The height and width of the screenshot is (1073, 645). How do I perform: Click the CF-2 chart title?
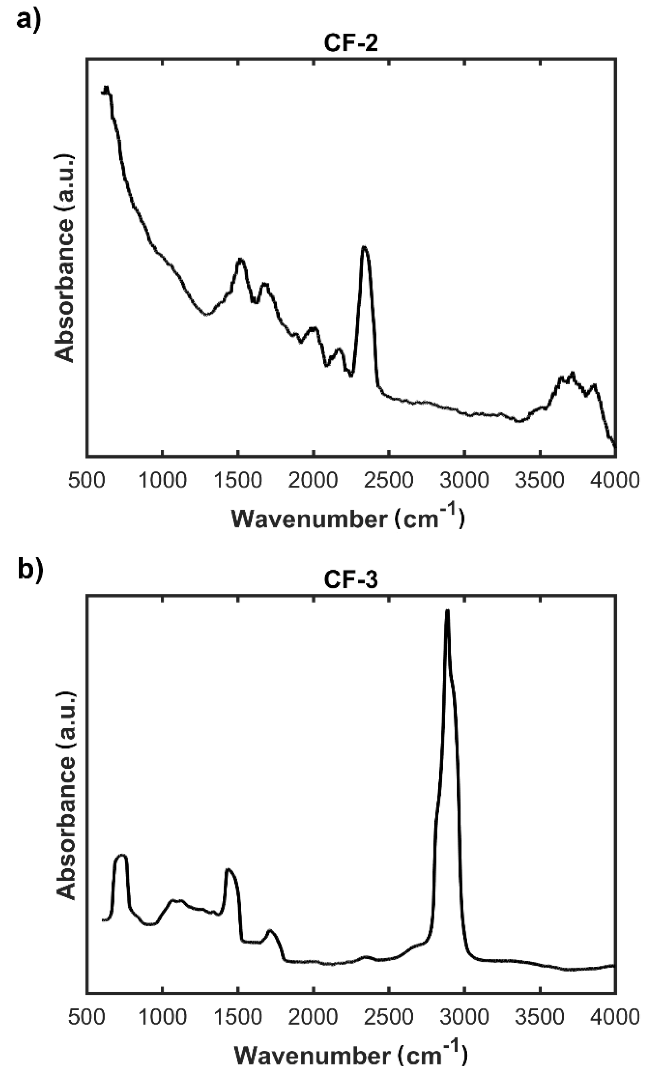click(x=351, y=44)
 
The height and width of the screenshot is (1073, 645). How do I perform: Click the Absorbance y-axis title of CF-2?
click(x=65, y=258)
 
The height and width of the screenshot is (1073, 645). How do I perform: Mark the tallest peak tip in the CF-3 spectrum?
click(x=447, y=611)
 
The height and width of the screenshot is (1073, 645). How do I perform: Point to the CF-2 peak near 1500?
click(x=240, y=260)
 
